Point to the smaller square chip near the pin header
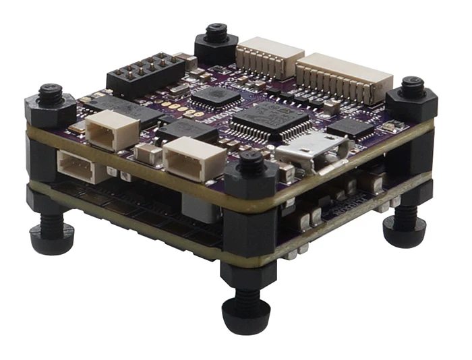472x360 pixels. tap(215, 96)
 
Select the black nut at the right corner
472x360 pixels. tap(411, 99)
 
